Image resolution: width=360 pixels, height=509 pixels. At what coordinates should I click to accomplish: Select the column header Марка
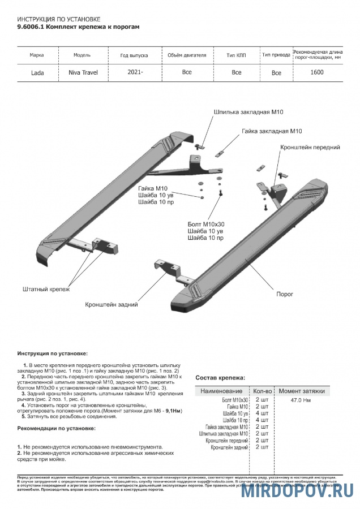click(37, 55)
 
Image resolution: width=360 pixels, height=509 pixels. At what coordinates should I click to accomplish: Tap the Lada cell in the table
click(38, 73)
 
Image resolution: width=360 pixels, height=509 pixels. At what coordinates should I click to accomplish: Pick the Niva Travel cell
click(83, 73)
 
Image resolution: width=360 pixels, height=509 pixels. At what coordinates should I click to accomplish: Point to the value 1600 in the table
click(318, 72)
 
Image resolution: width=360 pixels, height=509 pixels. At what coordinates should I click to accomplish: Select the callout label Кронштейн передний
click(310, 147)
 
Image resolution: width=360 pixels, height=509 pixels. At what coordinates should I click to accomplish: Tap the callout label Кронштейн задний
click(112, 305)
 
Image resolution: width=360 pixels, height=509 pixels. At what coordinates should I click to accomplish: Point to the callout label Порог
click(284, 295)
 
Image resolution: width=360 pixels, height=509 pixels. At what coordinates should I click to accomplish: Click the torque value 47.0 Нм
click(300, 400)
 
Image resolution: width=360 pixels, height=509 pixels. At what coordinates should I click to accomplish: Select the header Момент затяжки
click(301, 391)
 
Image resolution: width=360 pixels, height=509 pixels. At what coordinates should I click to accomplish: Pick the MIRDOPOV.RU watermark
click(298, 491)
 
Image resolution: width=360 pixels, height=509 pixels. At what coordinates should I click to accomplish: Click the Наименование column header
click(221, 391)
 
